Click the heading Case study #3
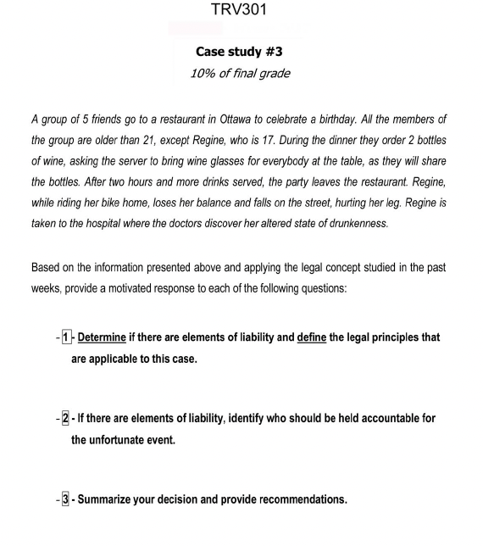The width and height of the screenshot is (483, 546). point(240,52)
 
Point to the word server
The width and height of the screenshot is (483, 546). point(169,161)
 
